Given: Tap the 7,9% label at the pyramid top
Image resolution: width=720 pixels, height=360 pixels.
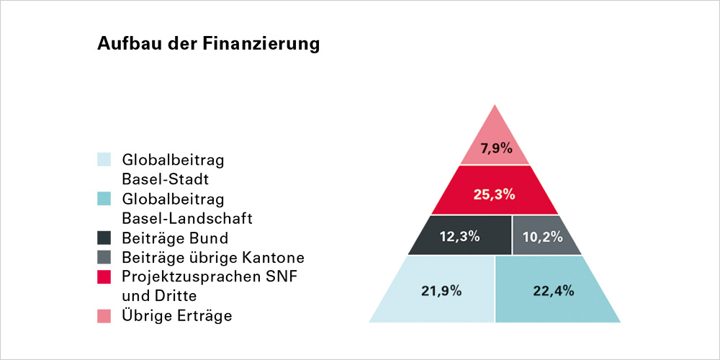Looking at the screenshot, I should pos(496,149).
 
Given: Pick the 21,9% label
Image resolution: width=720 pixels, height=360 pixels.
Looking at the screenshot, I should pos(441,291).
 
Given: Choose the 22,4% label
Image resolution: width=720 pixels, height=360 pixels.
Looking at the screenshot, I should pos(554,291).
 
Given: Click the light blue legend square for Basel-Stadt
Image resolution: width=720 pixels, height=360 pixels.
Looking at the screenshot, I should pos(104,159).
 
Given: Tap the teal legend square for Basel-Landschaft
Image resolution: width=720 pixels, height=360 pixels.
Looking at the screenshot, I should pos(104,198).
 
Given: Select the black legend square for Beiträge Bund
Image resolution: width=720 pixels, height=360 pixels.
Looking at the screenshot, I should pos(104,238).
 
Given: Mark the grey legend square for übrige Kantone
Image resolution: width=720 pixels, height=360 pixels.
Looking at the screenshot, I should pos(104,257).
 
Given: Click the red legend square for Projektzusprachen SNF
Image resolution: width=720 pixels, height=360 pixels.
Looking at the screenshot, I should pos(104,276).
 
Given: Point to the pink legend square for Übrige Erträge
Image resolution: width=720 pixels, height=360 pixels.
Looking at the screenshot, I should pos(104,316).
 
